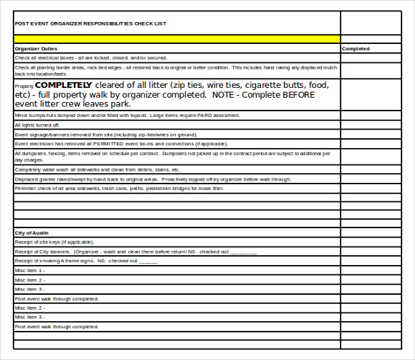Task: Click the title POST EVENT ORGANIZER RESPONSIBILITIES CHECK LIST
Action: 90,23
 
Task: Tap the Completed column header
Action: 355,49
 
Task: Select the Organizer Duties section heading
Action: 36,49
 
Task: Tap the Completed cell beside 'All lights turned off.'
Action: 375,125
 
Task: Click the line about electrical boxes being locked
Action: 91,58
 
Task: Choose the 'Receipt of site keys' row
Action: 57,242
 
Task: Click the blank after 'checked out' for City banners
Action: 243,252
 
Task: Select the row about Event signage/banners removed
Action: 106,134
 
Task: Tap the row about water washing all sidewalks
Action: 97,170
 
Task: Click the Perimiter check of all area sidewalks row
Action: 119,189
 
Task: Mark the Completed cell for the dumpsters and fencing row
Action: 375,156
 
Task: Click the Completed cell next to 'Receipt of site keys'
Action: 375,242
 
